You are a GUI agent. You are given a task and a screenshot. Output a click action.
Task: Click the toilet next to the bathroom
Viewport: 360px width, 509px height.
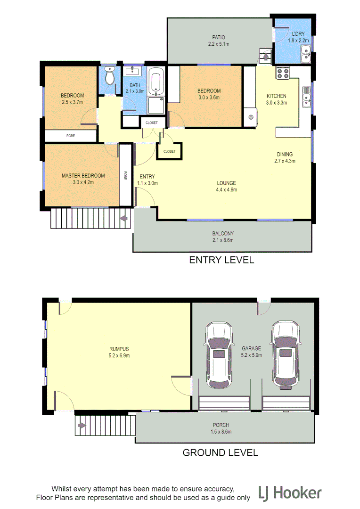[109, 77]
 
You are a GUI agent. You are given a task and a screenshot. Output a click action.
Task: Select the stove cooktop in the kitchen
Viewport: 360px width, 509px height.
[282, 73]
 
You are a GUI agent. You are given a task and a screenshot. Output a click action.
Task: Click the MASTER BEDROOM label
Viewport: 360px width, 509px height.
[83, 176]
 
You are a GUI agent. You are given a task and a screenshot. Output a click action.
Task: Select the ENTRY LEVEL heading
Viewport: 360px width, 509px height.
[221, 260]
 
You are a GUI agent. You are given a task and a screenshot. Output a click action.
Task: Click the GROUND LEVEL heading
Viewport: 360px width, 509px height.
[220, 453]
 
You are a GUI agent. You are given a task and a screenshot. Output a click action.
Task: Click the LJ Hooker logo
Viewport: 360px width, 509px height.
[290, 493]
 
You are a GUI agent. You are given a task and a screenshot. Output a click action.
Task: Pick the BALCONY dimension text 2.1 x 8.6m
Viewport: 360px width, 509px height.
[223, 240]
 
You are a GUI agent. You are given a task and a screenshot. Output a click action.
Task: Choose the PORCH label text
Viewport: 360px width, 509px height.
[221, 425]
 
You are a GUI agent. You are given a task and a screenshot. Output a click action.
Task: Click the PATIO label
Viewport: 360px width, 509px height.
[218, 37]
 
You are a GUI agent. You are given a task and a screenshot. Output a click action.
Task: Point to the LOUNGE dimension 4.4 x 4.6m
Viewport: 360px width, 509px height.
[226, 189]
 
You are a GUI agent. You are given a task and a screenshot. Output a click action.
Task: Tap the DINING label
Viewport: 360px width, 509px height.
[285, 154]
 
